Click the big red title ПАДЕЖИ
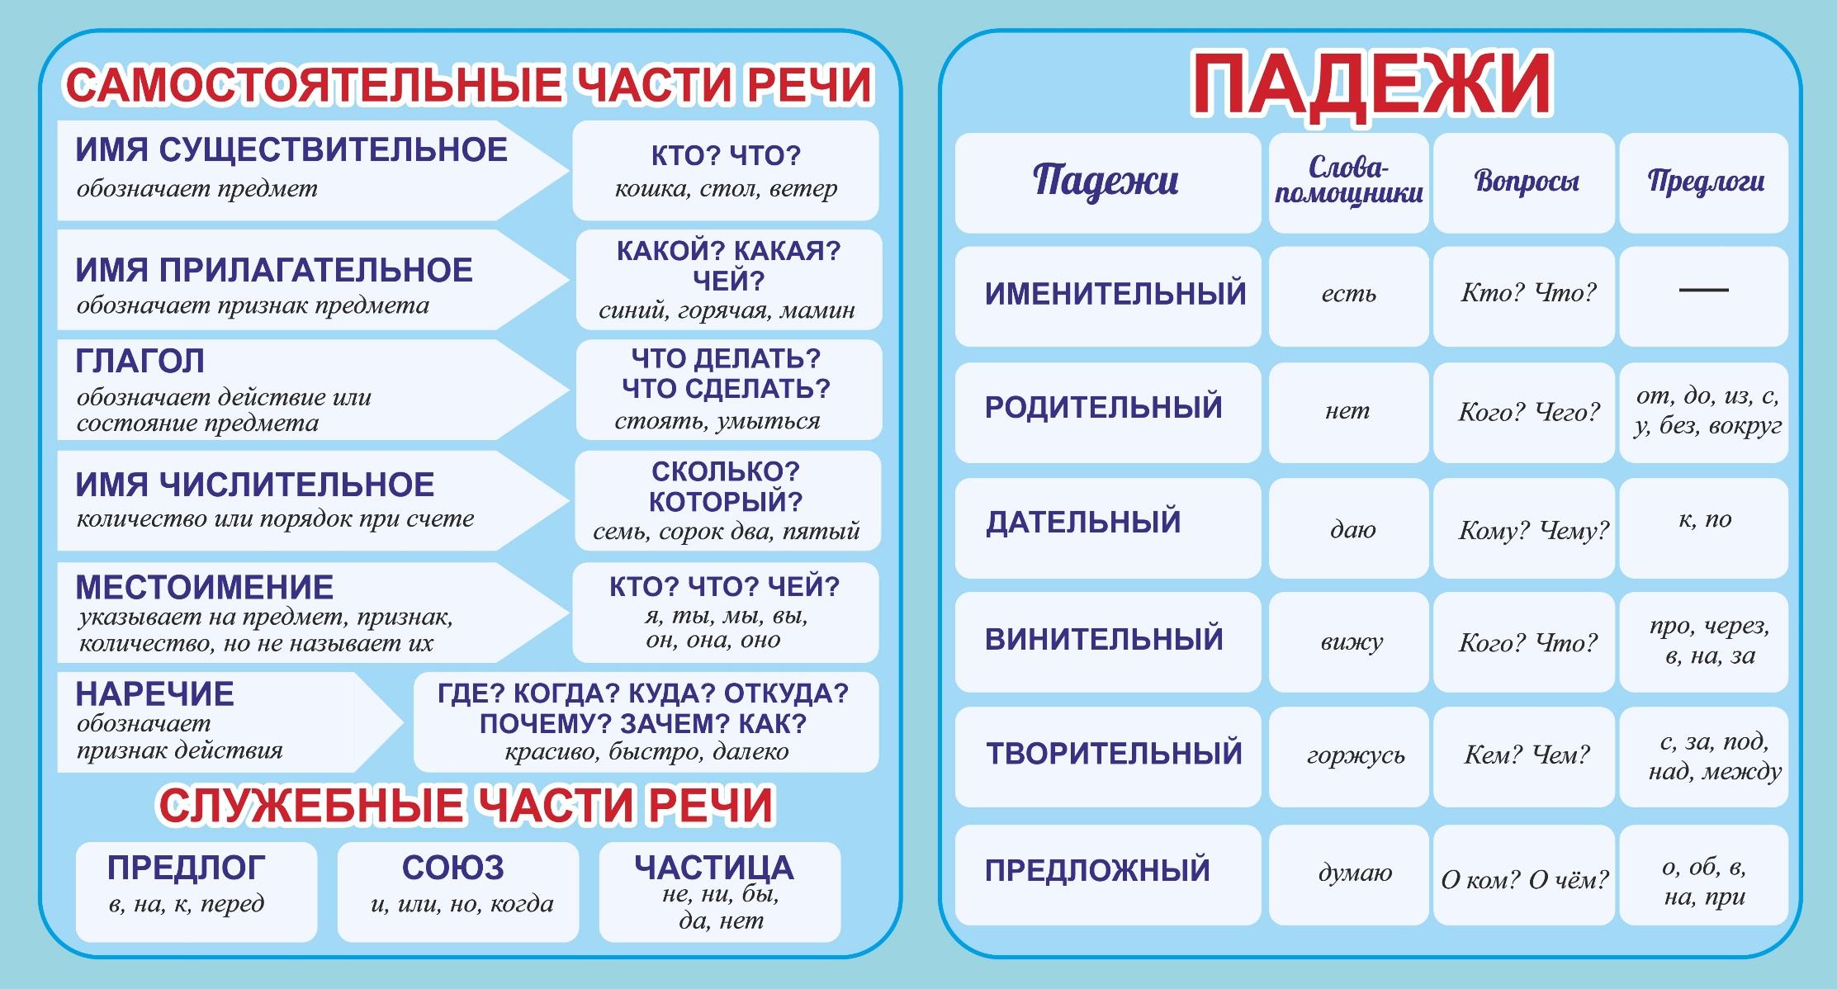coord(1371,85)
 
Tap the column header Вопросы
coord(1526,182)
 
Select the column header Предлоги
coord(1705,182)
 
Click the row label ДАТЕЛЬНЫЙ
coord(1083,523)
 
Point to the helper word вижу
coord(1351,642)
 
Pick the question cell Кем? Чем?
coord(1526,755)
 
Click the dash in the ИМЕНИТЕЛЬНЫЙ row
coord(1703,291)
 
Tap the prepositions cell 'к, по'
coord(1704,519)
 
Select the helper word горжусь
coord(1355,756)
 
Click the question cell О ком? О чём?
coord(1524,880)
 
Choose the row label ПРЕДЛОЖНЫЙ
coord(1097,870)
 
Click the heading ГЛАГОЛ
coord(140,362)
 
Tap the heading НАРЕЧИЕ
coord(154,694)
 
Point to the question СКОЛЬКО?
coord(726,471)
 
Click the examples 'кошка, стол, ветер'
coord(726,190)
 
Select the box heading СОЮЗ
coord(452,868)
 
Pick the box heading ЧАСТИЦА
coord(714,868)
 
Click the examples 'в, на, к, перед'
coord(187,904)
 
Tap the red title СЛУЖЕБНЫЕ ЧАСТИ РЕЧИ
coord(466,806)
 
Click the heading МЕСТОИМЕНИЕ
coord(204,587)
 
